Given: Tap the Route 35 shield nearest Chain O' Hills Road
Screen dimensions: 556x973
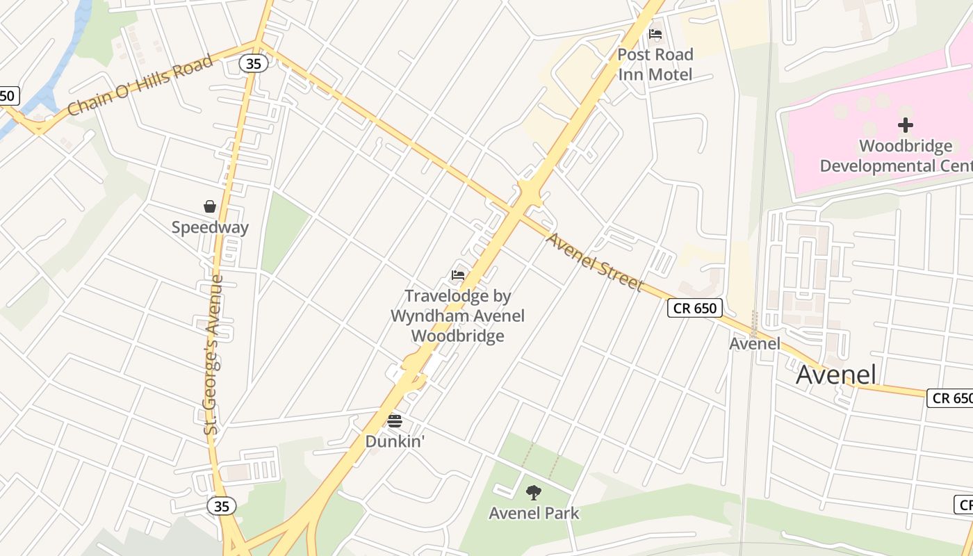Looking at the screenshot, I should click(x=254, y=63).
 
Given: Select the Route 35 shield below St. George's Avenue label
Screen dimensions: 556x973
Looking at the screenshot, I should click(x=222, y=506).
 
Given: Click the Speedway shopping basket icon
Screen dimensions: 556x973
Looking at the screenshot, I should click(x=210, y=206).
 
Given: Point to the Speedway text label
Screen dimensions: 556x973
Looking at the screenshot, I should click(x=210, y=227).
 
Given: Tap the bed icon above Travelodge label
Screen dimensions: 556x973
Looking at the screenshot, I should click(x=457, y=275).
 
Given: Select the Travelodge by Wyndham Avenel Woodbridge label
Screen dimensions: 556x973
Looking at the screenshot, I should click(x=457, y=316).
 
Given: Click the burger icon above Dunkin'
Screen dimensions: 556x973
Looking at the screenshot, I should click(x=395, y=420).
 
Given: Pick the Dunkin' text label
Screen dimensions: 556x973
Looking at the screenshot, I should click(x=395, y=441).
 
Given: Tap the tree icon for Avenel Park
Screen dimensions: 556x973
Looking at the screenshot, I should click(x=534, y=493).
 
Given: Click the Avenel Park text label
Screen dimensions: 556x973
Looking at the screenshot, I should click(x=534, y=514).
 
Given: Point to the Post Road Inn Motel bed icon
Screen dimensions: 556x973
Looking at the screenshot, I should click(x=655, y=34).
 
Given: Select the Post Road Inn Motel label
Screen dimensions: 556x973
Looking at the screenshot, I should click(x=655, y=64).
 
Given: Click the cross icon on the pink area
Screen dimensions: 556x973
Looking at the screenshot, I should click(x=905, y=125).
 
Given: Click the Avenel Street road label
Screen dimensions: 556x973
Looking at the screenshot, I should click(x=594, y=262).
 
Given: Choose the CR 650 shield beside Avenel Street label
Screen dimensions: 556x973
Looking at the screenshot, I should click(x=695, y=308).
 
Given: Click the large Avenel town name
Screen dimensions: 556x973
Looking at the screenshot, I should click(x=836, y=375).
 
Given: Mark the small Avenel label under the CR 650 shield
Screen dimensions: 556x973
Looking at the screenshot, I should click(x=755, y=343).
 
